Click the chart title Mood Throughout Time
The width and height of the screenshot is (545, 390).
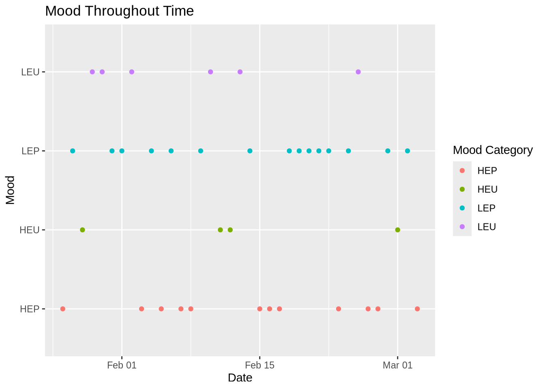pos(119,11)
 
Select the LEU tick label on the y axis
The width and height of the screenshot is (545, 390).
pos(30,72)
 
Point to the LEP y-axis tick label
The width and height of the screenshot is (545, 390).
pos(30,151)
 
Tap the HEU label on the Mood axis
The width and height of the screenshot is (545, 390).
pos(30,230)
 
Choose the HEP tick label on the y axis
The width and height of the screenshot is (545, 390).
pos(30,309)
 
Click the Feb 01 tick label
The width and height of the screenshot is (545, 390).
pos(122,365)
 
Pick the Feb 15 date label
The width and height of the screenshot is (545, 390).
pos(260,365)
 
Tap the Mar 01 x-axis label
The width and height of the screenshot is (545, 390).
pos(397,365)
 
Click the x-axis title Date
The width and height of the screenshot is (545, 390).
pos(240,378)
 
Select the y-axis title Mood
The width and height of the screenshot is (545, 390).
pos(10,190)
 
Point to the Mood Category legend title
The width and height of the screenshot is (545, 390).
pos(493,150)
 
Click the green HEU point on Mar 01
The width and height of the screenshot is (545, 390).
pos(397,230)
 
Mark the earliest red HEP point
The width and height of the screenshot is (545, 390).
pos(63,309)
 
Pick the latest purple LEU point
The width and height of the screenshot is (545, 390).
pos(358,72)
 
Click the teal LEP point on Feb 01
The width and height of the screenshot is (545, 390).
pos(122,151)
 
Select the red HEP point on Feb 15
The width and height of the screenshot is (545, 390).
pos(260,309)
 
